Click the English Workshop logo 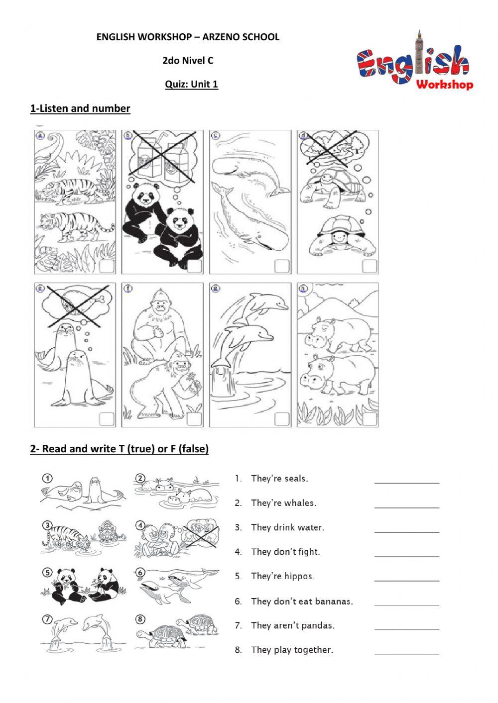414,63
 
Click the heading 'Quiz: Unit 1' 191,84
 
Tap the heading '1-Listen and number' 80,108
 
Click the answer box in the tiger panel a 107,266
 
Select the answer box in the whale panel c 282,266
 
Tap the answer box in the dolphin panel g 282,419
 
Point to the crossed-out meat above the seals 76,306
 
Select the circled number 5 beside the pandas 46,572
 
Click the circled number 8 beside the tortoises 140,619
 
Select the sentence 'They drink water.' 287,527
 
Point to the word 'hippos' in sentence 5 299,577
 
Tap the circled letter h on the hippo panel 302,288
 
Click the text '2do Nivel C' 188,61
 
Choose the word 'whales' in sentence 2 301,503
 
